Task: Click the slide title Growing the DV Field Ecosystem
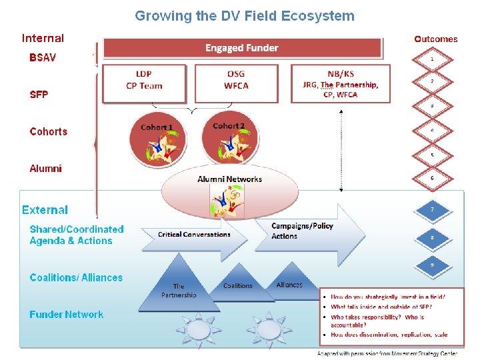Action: coord(245,16)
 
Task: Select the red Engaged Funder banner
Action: coord(242,48)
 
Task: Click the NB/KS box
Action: coord(341,83)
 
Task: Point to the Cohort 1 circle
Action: coord(157,142)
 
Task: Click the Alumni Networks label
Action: coord(229,179)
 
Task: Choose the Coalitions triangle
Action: coord(238,285)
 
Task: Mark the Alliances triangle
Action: coord(289,284)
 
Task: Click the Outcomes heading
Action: coord(436,39)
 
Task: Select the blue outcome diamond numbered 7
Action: coord(432,210)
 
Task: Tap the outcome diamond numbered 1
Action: coord(432,59)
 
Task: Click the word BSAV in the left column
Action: coord(43,57)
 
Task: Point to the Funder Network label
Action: coord(67,315)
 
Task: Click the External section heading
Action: coord(45,210)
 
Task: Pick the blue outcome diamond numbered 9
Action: coord(432,265)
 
